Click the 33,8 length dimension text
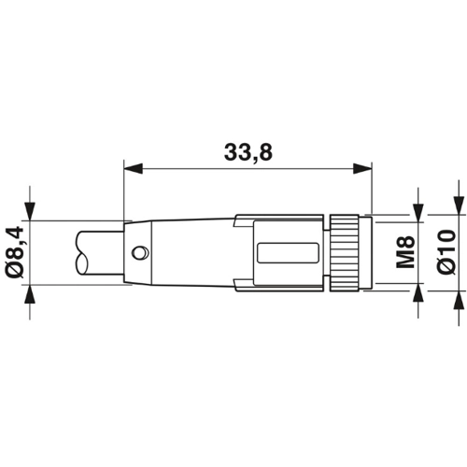248,152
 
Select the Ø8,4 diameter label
15,251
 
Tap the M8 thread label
405,252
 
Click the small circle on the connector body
140,252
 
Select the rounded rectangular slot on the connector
288,253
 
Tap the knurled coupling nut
345,252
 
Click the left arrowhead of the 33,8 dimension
134,168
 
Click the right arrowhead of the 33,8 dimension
362,168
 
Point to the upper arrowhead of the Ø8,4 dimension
30,211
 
